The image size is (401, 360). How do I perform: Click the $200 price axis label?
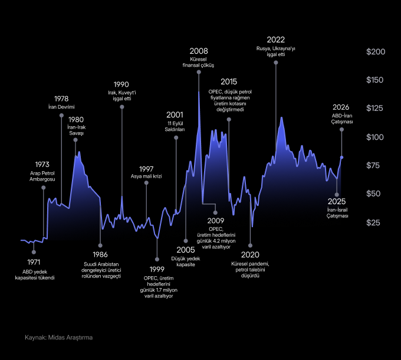[376, 52]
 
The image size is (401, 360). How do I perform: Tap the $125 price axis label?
[376, 109]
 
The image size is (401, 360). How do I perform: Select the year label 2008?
[198, 51]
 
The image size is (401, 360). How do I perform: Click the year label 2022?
[276, 39]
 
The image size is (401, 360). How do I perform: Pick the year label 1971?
[34, 261]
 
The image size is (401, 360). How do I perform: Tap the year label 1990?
[121, 84]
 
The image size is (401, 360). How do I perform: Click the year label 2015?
[229, 81]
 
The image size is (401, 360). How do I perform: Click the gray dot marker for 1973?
[44, 188]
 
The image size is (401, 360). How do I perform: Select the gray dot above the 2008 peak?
[199, 72]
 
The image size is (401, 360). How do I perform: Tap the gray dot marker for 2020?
[251, 245]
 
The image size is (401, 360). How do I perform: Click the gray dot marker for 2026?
[341, 129]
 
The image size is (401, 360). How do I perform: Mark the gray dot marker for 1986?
[100, 245]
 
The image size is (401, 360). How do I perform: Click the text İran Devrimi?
[61, 107]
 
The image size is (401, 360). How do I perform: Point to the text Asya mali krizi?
[146, 176]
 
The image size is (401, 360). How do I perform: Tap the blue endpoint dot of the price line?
[342, 158]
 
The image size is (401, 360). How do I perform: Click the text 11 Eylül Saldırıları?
[175, 126]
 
